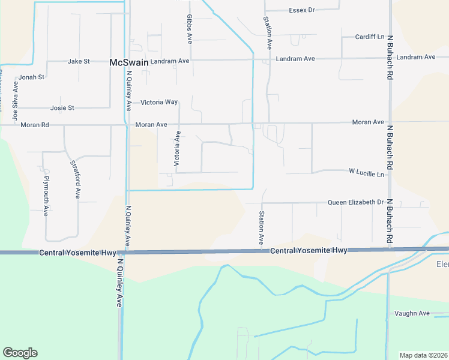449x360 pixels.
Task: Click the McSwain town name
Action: (x=128, y=62)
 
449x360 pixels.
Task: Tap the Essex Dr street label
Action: (x=302, y=10)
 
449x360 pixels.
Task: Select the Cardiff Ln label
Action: (x=370, y=36)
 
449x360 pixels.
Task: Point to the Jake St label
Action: (x=79, y=61)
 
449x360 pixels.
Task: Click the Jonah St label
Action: (x=32, y=77)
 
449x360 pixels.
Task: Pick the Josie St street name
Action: (x=62, y=108)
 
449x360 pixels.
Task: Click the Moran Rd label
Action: (x=34, y=125)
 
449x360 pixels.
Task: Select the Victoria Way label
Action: (x=159, y=103)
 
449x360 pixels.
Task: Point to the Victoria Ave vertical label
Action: (x=177, y=148)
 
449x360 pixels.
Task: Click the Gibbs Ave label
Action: (x=189, y=29)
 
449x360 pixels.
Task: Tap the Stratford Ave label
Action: (x=75, y=179)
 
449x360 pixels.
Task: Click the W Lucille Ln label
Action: (x=366, y=172)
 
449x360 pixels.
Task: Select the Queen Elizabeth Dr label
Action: (x=355, y=202)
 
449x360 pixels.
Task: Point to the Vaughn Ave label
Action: (x=412, y=313)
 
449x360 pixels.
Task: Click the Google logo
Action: (x=20, y=353)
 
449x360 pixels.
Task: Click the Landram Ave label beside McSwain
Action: (x=170, y=61)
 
